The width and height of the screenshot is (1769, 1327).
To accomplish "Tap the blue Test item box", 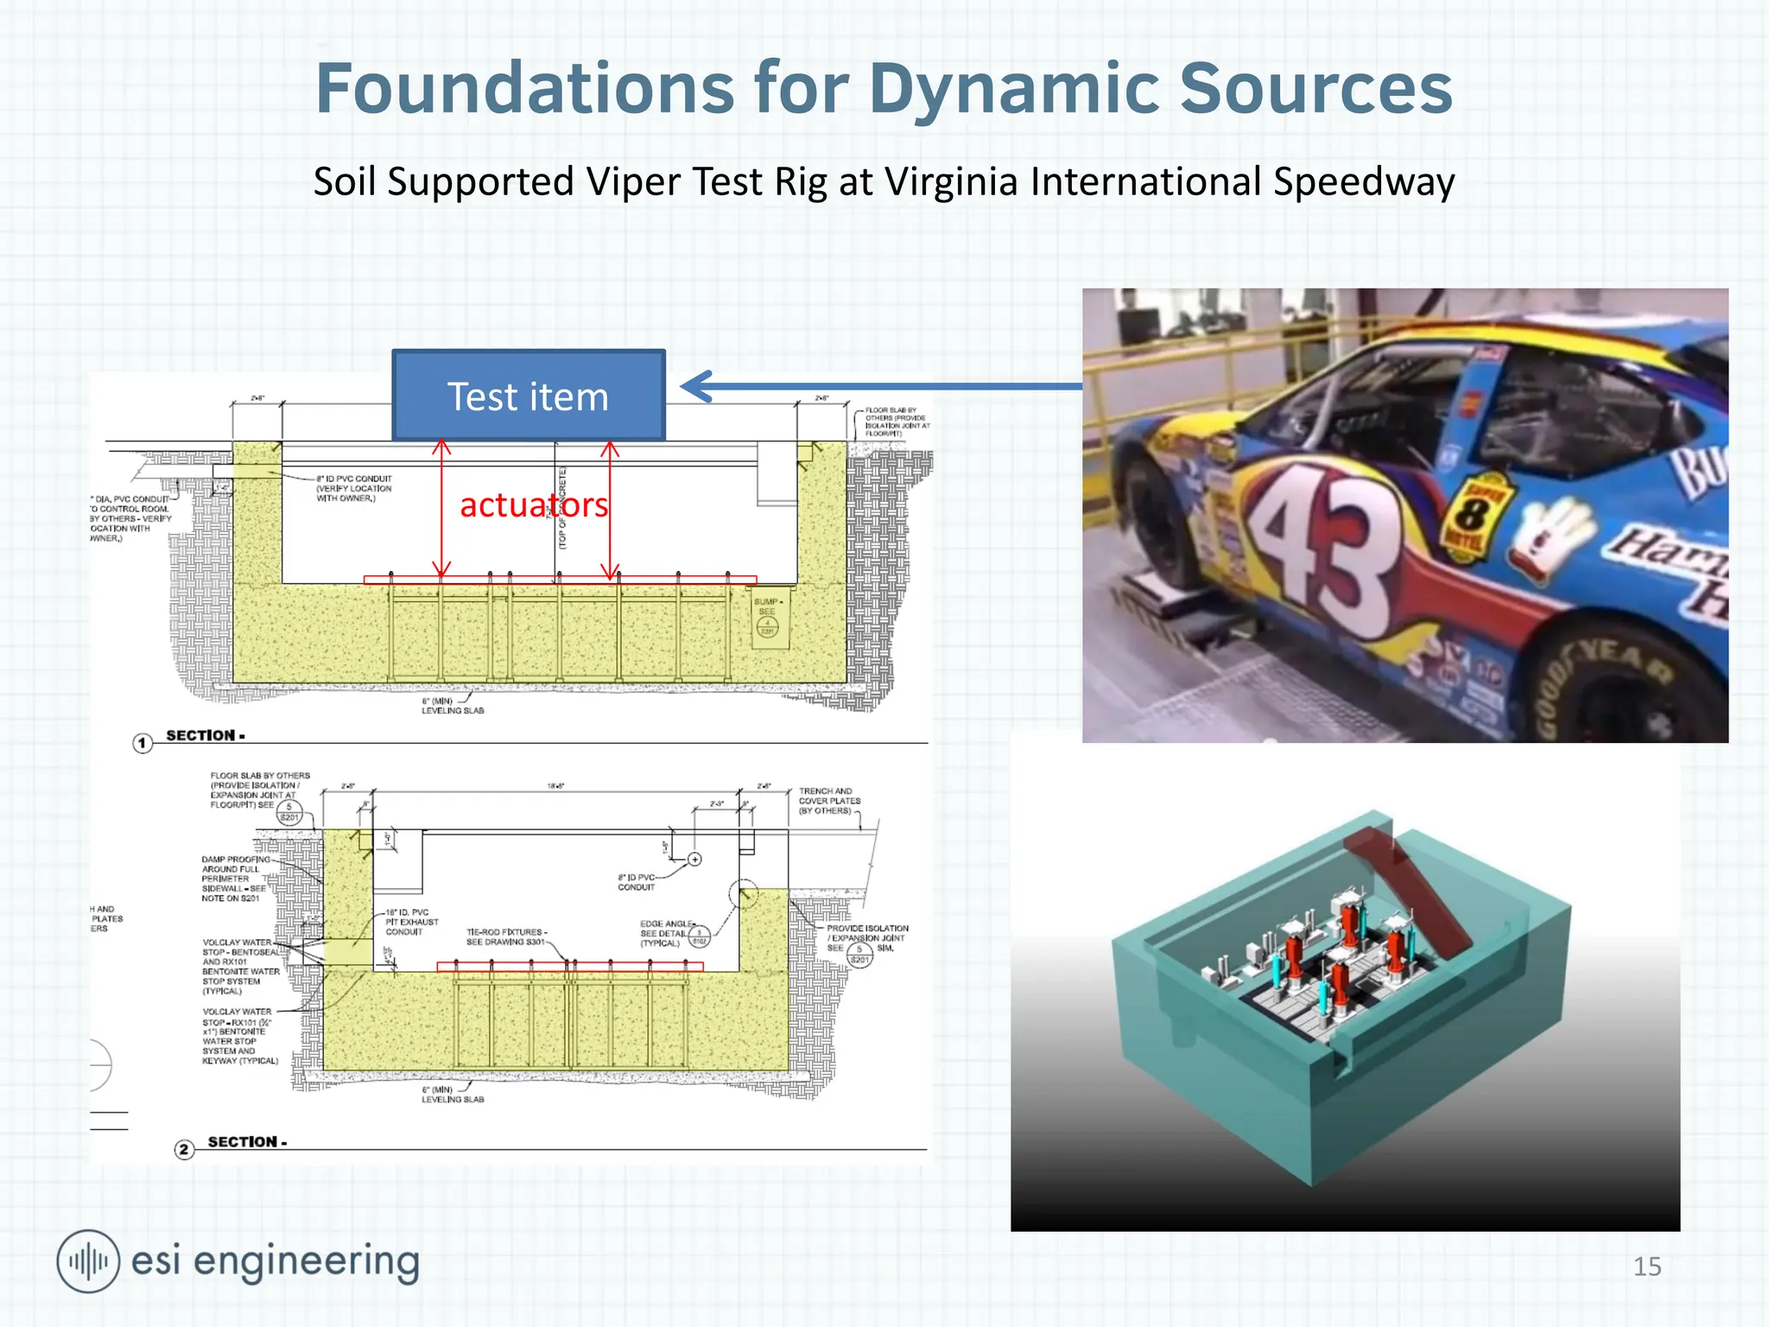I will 528,397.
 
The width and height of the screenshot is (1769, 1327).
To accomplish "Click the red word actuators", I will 534,505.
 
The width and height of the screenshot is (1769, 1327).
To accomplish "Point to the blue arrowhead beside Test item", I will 696,386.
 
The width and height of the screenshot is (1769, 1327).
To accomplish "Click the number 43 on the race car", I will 1322,540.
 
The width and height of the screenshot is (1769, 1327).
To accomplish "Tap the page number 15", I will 1646,1267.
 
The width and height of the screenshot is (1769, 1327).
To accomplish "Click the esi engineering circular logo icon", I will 87,1261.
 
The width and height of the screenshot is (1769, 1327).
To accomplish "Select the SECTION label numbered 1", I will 204,736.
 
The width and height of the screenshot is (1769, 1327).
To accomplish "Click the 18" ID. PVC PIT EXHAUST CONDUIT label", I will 411,922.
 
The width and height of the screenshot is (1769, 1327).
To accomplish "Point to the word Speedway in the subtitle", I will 1363,182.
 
